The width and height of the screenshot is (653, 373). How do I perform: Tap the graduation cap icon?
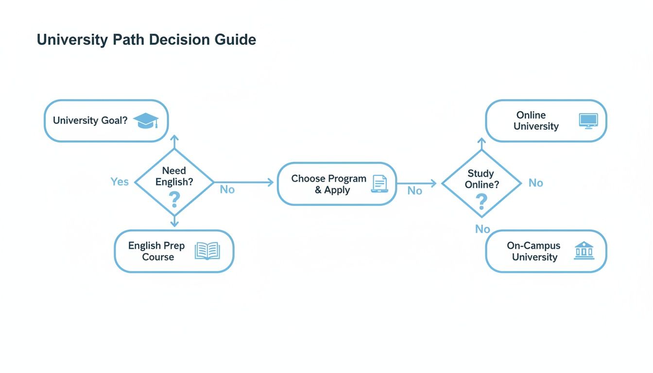coord(146,120)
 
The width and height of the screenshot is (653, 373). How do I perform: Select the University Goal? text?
coord(90,120)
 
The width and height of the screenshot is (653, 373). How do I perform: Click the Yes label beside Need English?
coord(120,182)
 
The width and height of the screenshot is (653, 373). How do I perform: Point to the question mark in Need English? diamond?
coord(174,199)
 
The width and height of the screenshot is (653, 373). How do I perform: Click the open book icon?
coord(207,251)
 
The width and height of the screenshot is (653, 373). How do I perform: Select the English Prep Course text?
coord(156,251)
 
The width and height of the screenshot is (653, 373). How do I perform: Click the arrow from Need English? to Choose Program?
coord(244,183)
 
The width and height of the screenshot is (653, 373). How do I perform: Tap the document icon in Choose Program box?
coord(379,184)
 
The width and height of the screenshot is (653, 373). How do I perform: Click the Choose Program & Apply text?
coord(329,184)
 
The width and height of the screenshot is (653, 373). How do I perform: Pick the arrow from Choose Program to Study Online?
coord(416,183)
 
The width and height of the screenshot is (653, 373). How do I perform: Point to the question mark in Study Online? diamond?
coord(481,202)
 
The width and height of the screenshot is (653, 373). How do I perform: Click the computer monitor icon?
coord(588,121)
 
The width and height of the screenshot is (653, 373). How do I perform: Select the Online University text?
coord(536,120)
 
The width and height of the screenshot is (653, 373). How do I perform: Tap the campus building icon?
coord(584,250)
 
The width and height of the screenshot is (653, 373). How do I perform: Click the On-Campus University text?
coord(534,251)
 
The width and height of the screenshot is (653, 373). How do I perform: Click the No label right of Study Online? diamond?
coord(536,183)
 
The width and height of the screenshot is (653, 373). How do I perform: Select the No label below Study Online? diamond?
coord(482,229)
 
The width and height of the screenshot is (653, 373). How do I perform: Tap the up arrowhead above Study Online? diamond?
coord(481,141)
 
